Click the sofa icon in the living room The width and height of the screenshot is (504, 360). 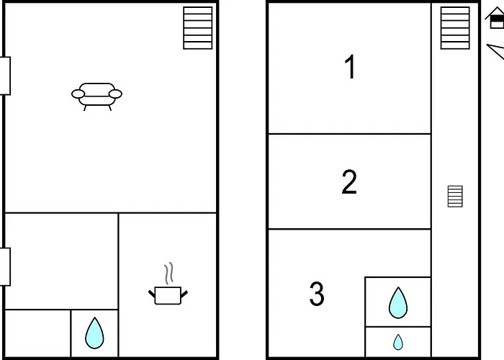tap(96, 96)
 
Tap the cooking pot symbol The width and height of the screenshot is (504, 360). tap(168, 296)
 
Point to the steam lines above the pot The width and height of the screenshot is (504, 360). tap(168, 274)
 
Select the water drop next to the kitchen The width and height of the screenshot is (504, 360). tap(94, 333)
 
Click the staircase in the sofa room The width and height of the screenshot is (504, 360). tap(198, 28)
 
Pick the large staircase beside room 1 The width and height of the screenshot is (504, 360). tap(455, 28)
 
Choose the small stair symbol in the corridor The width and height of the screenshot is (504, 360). tap(455, 197)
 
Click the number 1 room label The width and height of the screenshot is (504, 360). tap(351, 66)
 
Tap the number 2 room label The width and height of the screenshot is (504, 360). tap(349, 181)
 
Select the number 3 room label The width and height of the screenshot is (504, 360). tap(317, 294)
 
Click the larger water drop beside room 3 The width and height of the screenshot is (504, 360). tap(398, 303)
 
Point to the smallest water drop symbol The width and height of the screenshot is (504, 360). tap(398, 342)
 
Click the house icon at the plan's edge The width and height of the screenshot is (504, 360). tap(495, 19)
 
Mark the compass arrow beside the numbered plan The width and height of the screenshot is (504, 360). tap(497, 51)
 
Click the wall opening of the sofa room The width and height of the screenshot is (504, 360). tap(5, 76)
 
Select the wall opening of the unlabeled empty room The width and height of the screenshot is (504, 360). tap(5, 267)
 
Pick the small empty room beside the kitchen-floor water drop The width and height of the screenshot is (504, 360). tap(38, 333)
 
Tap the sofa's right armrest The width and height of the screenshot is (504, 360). tap(115, 94)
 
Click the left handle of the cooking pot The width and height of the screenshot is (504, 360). tap(152, 294)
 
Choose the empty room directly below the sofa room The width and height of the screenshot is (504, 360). tap(61, 261)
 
